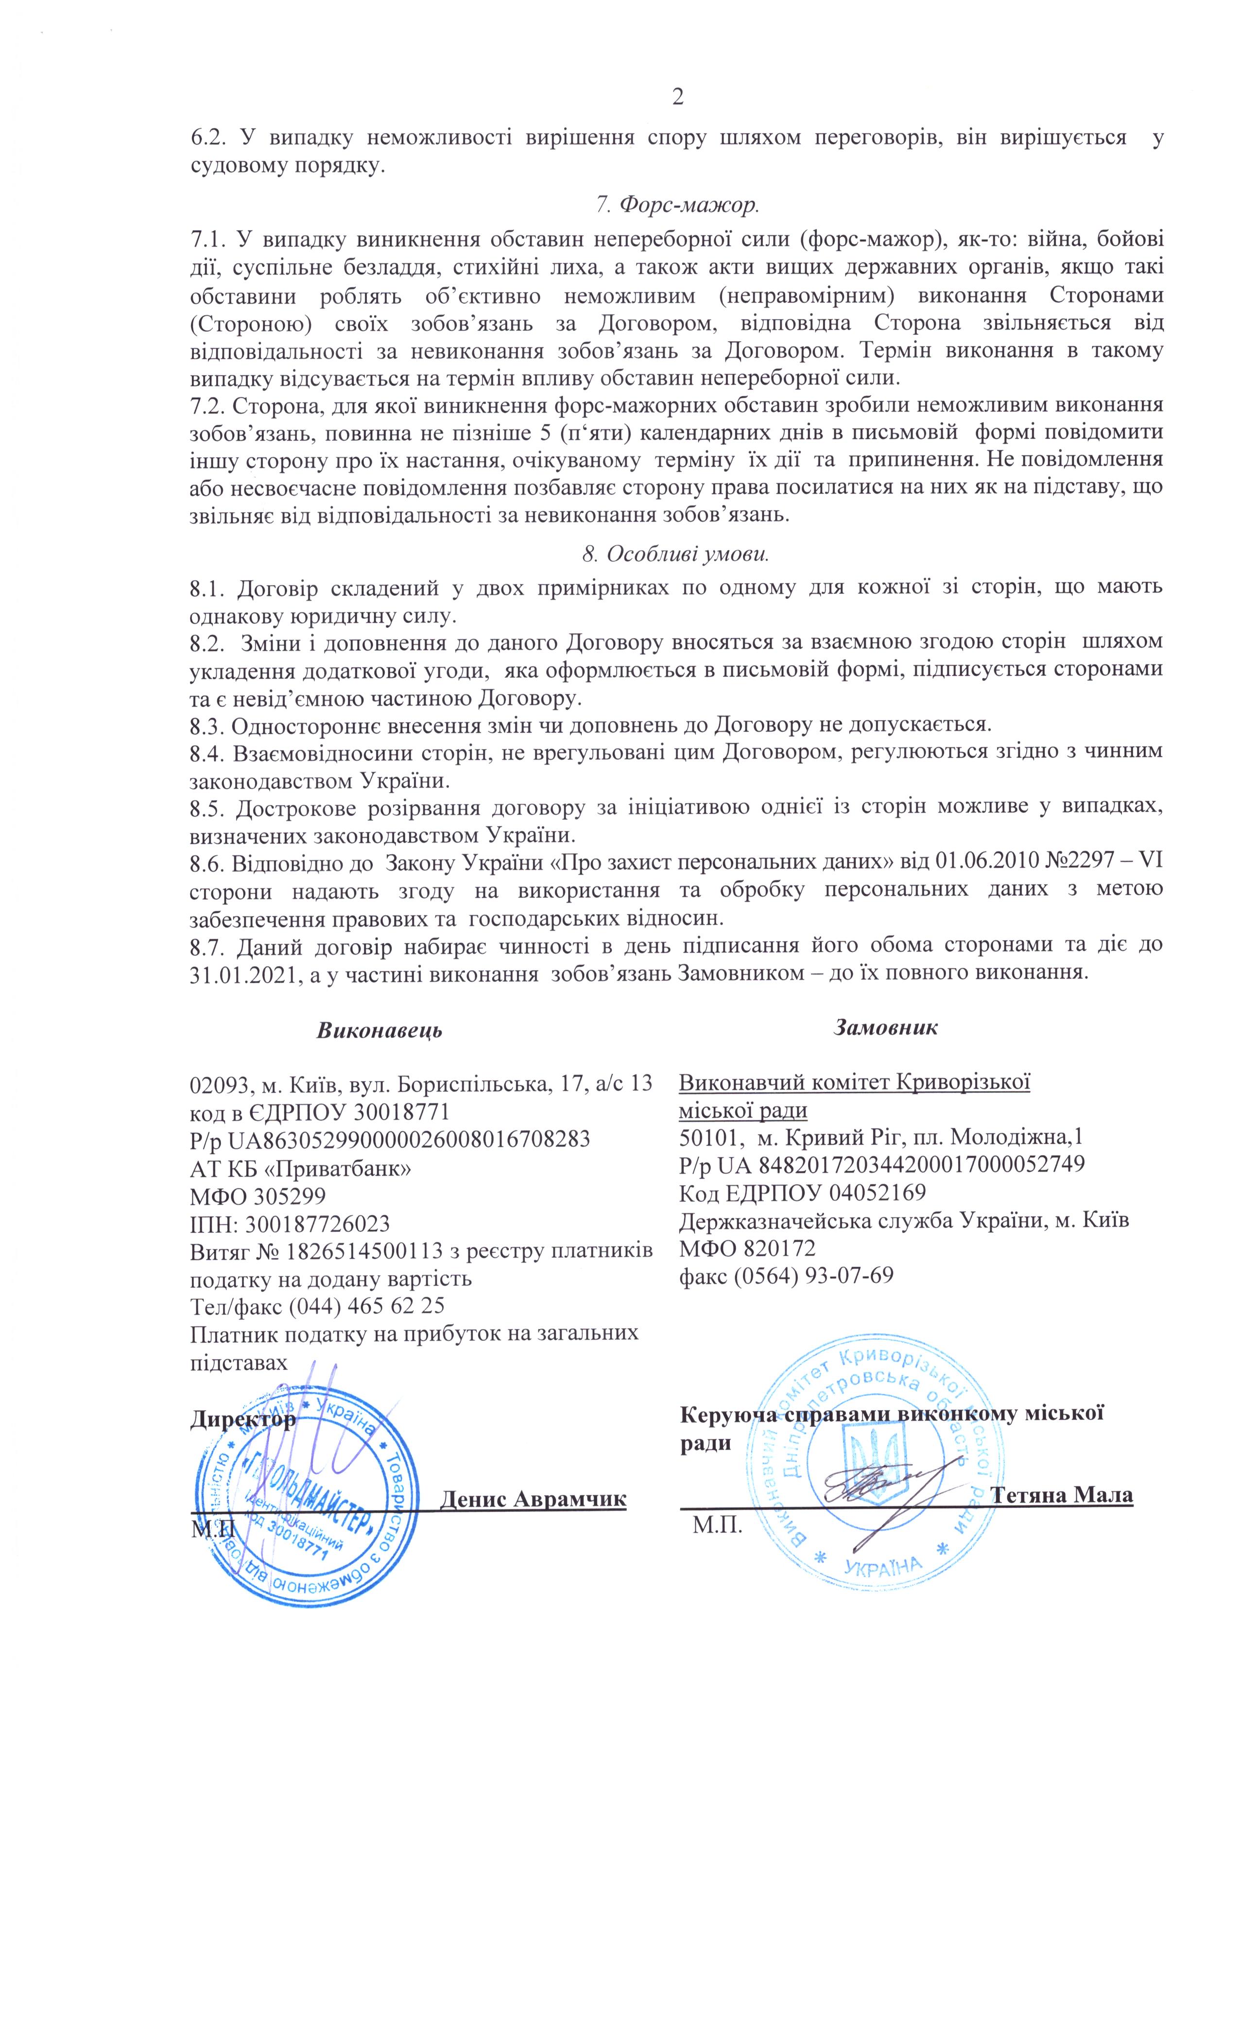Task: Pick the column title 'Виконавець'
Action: (x=379, y=1030)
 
